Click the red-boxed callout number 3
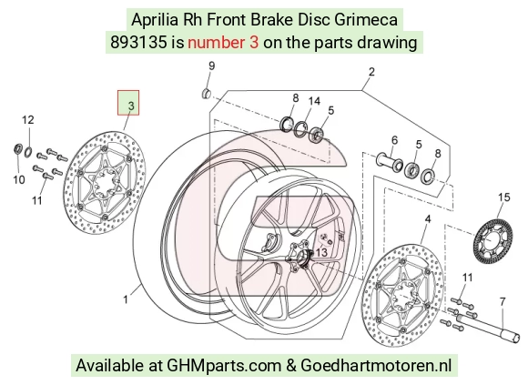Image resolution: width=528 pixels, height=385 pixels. coord(131,106)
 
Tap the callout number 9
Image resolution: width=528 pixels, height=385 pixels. coord(211,66)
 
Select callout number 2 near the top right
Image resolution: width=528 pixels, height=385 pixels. coord(371,72)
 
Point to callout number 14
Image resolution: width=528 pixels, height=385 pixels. coord(314,101)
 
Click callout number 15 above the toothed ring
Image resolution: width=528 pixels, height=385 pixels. coord(504,197)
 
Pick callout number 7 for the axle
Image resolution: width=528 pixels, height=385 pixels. coord(503,301)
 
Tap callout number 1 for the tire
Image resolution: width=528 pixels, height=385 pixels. coord(126,299)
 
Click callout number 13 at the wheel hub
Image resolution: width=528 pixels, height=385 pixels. coord(321,252)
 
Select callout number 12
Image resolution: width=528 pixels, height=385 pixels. coord(28,120)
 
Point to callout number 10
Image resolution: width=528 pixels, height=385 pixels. coord(19,179)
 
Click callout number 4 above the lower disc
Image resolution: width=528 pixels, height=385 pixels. coord(427,219)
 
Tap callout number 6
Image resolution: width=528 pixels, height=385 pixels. coord(394,140)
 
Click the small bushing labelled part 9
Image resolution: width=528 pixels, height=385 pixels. coord(206,94)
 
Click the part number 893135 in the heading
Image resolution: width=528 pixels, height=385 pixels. coord(138,43)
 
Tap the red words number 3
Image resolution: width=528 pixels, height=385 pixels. coord(223,43)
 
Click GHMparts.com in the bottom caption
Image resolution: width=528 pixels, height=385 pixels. coord(224,366)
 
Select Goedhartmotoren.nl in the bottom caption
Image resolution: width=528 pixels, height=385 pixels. coord(376,365)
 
